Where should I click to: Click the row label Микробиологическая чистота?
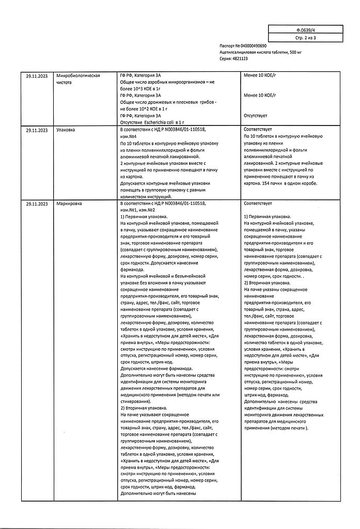(77, 79)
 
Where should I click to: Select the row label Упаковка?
(65, 130)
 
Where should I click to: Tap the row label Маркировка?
(69, 205)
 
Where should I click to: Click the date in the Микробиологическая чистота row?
(37, 75)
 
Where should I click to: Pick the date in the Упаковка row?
(37, 130)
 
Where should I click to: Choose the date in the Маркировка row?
(37, 205)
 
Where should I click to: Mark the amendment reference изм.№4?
(130, 136)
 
